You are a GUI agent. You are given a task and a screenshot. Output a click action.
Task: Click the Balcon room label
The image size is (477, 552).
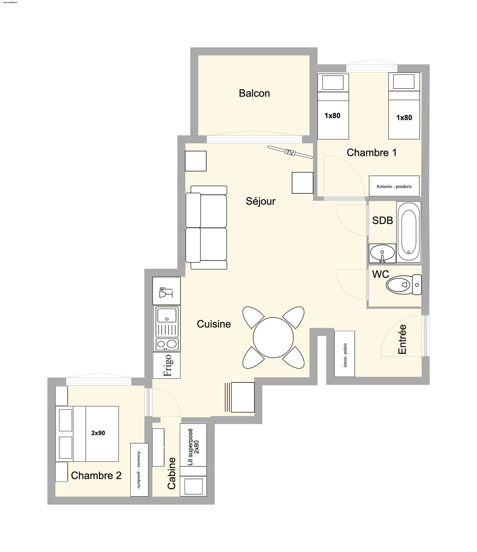click(254, 93)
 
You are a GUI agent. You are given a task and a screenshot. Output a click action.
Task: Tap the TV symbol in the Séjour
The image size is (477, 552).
click(290, 153)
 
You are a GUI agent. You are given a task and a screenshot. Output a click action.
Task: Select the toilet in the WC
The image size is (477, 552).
click(404, 285)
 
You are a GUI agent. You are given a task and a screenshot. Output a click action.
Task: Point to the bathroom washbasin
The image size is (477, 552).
click(382, 253)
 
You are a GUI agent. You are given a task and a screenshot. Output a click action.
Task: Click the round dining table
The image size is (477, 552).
click(273, 337)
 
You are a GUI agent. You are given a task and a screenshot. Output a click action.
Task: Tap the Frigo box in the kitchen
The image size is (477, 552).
click(167, 365)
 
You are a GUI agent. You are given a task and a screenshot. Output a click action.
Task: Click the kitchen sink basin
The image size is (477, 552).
click(167, 315)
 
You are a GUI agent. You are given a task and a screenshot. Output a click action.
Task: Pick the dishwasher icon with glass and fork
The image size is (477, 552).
click(166, 291)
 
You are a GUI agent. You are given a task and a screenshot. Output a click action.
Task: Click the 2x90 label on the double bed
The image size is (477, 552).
click(98, 433)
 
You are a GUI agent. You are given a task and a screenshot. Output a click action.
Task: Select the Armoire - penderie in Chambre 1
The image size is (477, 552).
click(394, 186)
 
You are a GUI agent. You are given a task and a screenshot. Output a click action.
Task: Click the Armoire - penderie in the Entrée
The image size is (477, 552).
click(344, 354)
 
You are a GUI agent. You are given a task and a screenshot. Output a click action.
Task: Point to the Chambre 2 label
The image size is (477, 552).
click(96, 475)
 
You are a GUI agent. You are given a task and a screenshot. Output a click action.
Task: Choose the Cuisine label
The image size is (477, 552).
click(214, 324)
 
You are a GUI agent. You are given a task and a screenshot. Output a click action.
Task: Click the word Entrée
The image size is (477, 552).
click(402, 339)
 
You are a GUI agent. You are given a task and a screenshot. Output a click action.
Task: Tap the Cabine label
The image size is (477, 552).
click(171, 473)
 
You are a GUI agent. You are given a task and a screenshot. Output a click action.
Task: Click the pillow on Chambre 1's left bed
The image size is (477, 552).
click(333, 82)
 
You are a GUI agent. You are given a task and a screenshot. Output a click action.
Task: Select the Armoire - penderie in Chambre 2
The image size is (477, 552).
click(139, 470)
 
